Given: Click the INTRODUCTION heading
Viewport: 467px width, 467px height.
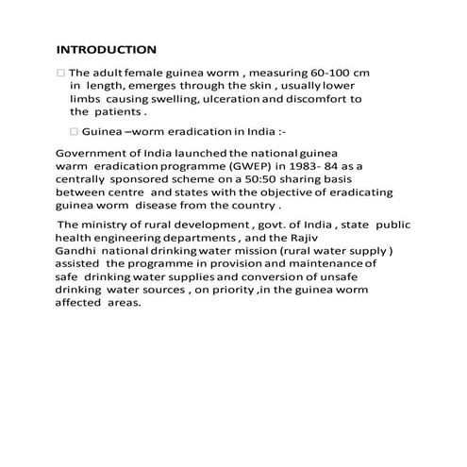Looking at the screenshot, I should [x=107, y=49].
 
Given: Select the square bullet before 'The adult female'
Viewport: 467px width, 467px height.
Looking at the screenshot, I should [x=61, y=72].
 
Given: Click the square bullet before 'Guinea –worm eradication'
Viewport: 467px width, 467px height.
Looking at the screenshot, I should [x=75, y=131].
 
